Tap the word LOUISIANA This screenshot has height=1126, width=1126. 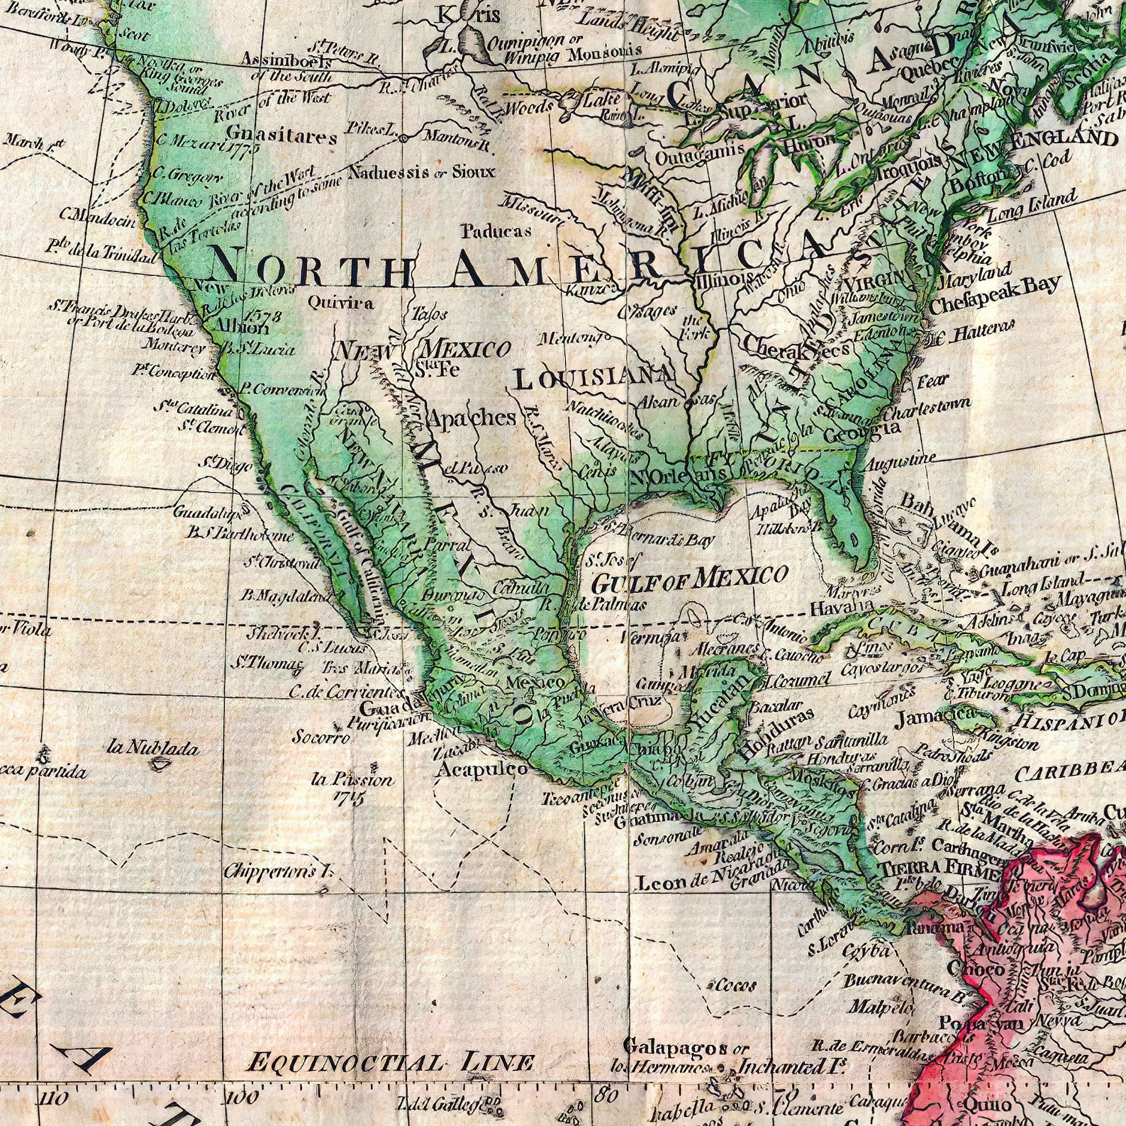[593, 378]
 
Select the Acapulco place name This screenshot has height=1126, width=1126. [482, 769]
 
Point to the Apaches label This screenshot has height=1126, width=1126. [471, 418]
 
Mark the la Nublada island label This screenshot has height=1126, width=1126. [153, 747]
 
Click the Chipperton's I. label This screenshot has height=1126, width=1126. [278, 871]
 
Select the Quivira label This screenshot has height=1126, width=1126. [340, 303]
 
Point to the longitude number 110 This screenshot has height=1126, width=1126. [56, 1100]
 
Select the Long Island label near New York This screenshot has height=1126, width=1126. [1032, 204]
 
